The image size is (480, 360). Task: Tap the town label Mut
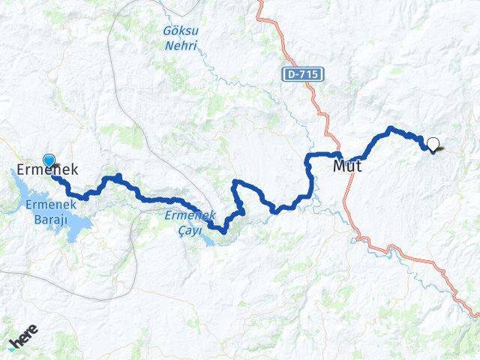(347, 166)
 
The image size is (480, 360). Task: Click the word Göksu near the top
(180, 31)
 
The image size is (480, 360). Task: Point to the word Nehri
(180, 45)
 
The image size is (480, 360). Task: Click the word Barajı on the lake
(46, 218)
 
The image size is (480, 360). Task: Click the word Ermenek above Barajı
(46, 205)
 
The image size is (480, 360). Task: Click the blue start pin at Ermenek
(49, 160)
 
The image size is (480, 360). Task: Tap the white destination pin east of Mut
(433, 143)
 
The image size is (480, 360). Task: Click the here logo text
(25, 337)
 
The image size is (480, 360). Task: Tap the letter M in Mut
(339, 166)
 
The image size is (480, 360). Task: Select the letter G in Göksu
(167, 31)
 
